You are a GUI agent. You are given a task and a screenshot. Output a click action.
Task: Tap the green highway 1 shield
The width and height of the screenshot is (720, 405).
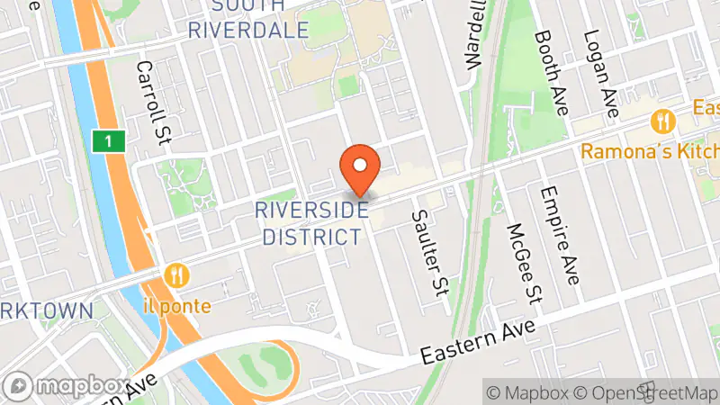coord(108,141)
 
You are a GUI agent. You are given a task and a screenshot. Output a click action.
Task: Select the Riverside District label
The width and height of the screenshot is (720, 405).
coord(311,223)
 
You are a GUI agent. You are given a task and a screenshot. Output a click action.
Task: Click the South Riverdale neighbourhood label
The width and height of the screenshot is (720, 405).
coord(248,19)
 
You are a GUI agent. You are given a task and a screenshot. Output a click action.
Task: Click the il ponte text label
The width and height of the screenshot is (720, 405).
coord(178,306)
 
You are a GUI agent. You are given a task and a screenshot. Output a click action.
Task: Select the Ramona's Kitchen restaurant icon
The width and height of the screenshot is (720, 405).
coord(664,120)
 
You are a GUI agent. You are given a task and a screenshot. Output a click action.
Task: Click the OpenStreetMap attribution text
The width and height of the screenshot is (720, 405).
coord(645,392)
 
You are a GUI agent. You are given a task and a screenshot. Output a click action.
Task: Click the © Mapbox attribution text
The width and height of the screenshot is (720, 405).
coord(528,392)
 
